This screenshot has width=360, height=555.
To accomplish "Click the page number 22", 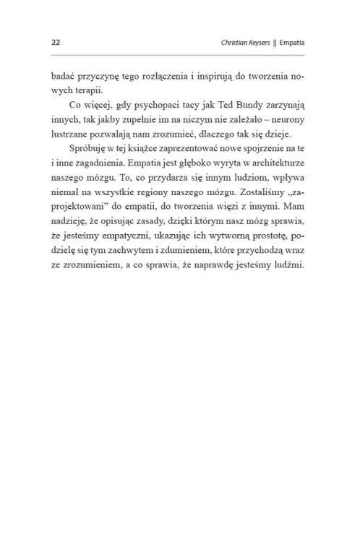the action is point(55,42).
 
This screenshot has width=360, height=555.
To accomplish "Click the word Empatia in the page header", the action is point(293,42).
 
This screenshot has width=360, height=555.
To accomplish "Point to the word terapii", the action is point(87,90).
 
